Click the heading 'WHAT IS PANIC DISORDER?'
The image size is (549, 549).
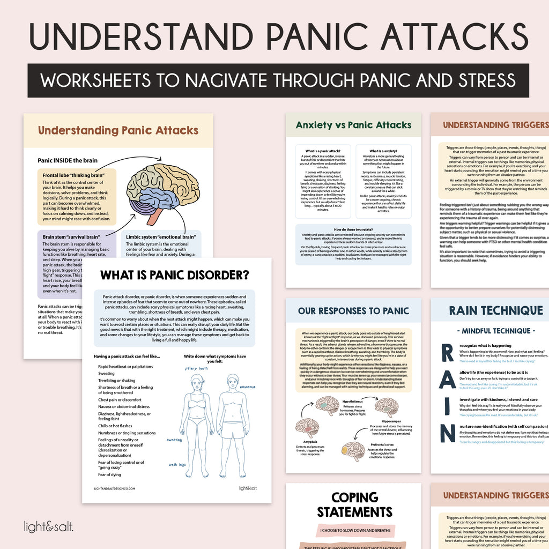point(175,276)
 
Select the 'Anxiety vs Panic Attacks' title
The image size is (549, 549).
point(353,125)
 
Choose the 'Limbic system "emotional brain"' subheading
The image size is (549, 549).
point(161,236)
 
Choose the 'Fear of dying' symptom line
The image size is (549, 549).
point(110,474)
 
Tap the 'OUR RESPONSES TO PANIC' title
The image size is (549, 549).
point(354,310)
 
